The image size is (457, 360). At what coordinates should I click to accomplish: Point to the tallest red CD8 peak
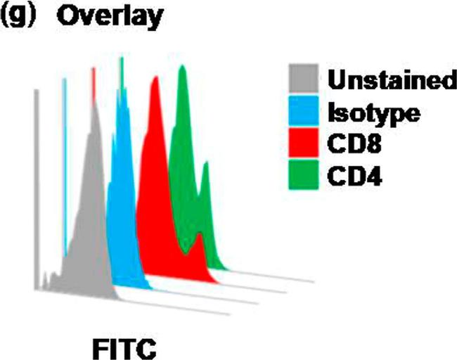click(154, 88)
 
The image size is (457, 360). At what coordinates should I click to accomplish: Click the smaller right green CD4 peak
click(206, 169)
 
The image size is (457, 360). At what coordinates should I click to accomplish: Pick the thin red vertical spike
click(93, 77)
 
